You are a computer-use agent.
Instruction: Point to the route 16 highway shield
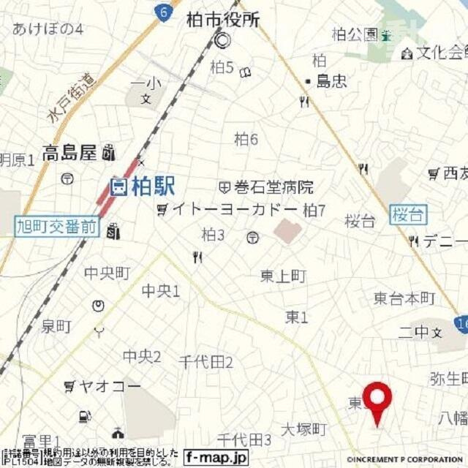(461, 322)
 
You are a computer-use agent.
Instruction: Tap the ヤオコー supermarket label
(99, 385)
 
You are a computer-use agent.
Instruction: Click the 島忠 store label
(331, 82)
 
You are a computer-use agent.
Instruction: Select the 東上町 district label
(283, 276)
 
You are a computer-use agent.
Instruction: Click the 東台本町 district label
(404, 298)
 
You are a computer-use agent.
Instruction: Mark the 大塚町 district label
(303, 429)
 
